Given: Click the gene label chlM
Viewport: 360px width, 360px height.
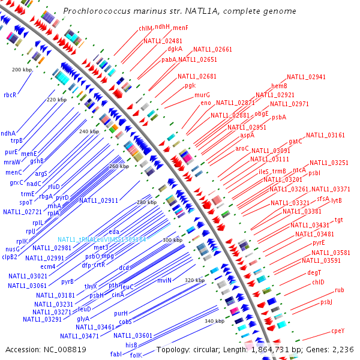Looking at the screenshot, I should [x=145, y=28].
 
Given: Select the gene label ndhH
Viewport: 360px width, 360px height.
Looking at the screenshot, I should [x=163, y=27].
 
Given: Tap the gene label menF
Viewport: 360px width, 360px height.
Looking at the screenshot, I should [x=181, y=28].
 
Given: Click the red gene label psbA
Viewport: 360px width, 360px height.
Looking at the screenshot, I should [x=279, y=118].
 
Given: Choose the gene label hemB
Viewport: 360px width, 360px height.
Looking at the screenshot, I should [x=279, y=86].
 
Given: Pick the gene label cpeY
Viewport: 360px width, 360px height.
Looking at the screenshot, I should [x=338, y=331].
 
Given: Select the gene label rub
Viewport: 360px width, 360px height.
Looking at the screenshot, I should [x=339, y=290].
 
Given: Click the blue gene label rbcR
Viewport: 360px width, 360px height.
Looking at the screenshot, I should [x=10, y=95].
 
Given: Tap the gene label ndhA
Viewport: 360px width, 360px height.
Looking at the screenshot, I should [x=8, y=133].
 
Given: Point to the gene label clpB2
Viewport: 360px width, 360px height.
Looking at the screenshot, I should [x=10, y=257].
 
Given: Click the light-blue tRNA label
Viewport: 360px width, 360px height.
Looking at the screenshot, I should [x=102, y=239].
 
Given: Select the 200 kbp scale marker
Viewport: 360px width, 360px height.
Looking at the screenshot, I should [x=22, y=70].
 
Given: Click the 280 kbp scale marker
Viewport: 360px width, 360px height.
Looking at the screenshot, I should [x=146, y=203].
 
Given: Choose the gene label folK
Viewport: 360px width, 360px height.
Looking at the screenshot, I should [x=136, y=355].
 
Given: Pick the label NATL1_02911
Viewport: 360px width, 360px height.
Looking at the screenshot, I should [x=99, y=200].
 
